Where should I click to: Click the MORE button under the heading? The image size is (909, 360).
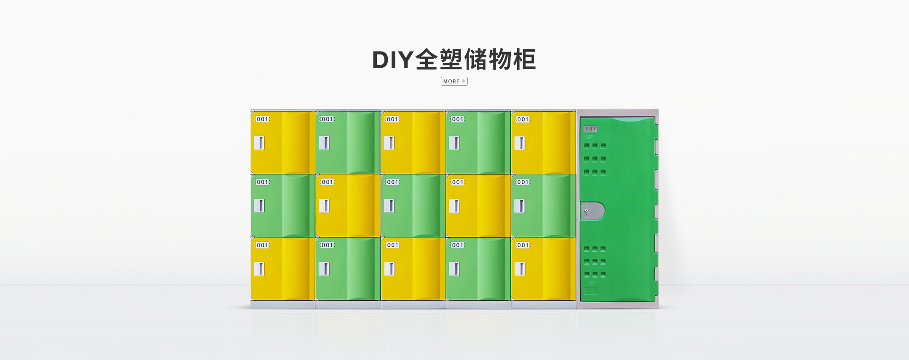pyautogui.click(x=454, y=81)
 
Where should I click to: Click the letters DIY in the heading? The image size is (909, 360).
pyautogui.click(x=392, y=60)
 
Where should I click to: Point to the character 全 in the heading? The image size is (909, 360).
pyautogui.click(x=427, y=60)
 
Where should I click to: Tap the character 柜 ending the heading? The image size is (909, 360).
pyautogui.click(x=525, y=60)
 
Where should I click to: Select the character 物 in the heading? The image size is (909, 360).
pyautogui.click(x=500, y=60)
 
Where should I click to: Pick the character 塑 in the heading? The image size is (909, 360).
pyautogui.click(x=451, y=60)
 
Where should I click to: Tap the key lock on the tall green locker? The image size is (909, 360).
pyautogui.click(x=592, y=211)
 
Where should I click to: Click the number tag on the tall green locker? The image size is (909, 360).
pyautogui.click(x=590, y=129)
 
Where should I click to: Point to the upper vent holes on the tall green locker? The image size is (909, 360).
pyautogui.click(x=595, y=159)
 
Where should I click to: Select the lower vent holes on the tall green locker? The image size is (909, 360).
pyautogui.click(x=595, y=261)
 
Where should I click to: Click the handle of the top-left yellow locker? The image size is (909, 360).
pyautogui.click(x=259, y=143)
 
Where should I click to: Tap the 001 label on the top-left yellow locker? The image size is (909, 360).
pyautogui.click(x=262, y=119)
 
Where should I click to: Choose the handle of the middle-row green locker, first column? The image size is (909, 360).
pyautogui.click(x=259, y=206)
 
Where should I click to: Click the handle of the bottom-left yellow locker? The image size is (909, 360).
pyautogui.click(x=259, y=269)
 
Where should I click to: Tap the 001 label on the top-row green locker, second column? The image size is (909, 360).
pyautogui.click(x=328, y=119)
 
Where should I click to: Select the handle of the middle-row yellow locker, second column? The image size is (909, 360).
pyautogui.click(x=324, y=206)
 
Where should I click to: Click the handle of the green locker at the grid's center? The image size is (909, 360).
pyautogui.click(x=389, y=206)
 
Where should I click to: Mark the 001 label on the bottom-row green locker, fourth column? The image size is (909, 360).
pyautogui.click(x=458, y=245)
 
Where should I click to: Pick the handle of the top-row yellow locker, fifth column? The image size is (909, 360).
pyautogui.click(x=519, y=143)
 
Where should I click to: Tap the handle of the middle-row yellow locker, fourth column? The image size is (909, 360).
pyautogui.click(x=454, y=206)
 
